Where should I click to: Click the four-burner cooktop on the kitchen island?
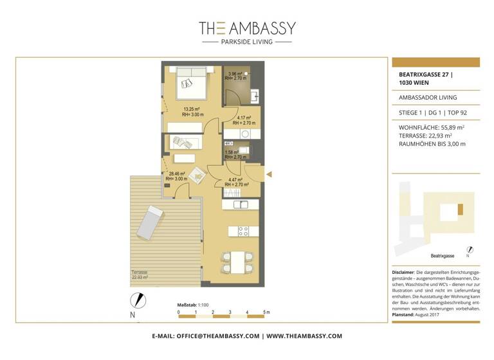[244, 231]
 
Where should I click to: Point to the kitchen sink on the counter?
[241, 204]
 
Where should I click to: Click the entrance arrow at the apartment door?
[270, 174]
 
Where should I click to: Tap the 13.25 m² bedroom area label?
[190, 112]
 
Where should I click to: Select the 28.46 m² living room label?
[177, 176]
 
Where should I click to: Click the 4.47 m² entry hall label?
[237, 182]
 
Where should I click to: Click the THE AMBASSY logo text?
[247, 28]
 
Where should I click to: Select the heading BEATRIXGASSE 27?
[425, 75]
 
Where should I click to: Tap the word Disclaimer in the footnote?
[403, 273]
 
